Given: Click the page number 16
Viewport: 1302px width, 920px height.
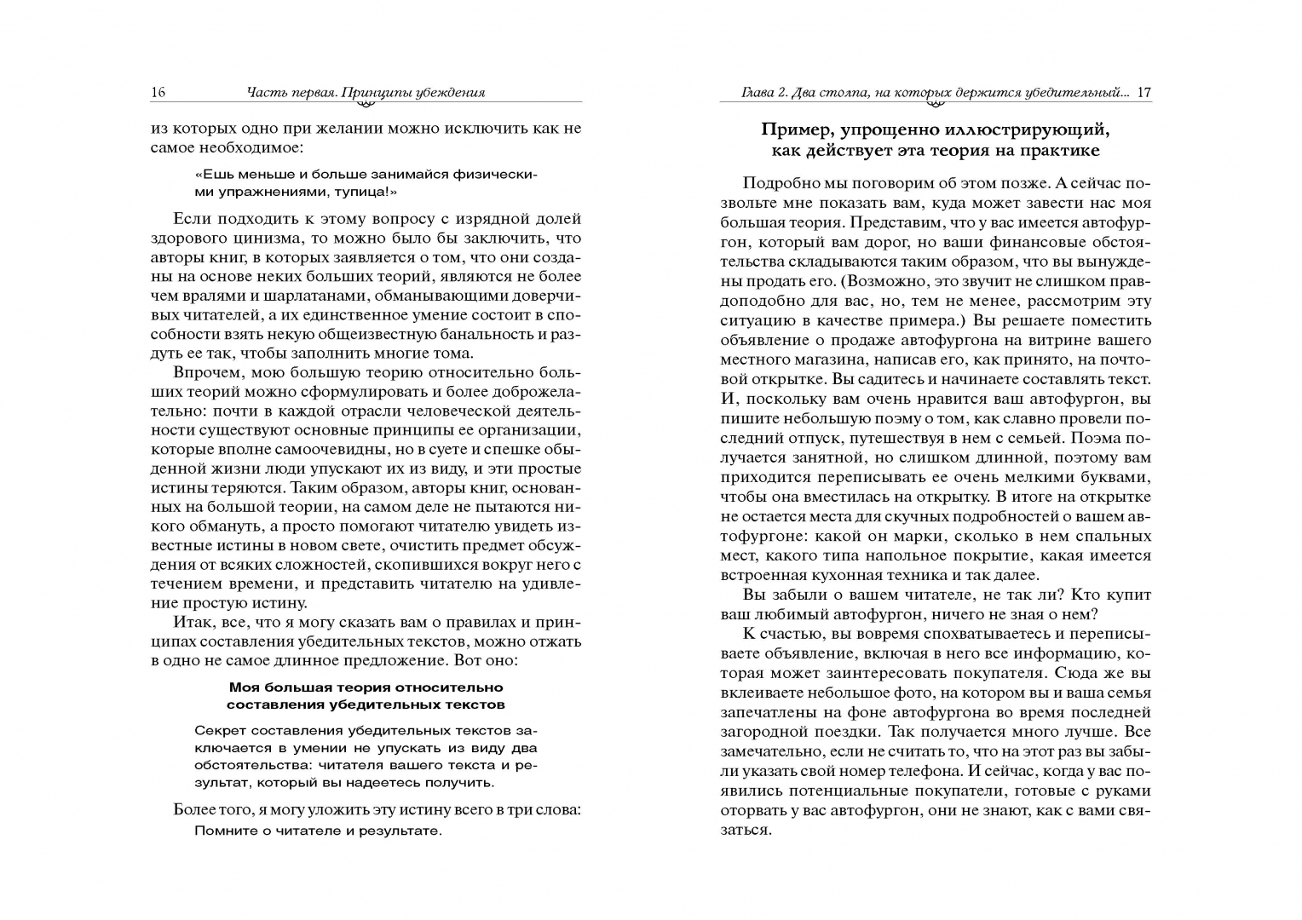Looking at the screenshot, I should pyautogui.click(x=158, y=93).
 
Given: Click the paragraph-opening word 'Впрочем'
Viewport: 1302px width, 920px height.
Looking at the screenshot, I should pyautogui.click(x=204, y=372).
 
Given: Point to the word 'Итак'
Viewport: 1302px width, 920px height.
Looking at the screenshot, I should pyautogui.click(x=194, y=622).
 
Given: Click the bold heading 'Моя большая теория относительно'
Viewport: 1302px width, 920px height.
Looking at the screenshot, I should pyautogui.click(x=366, y=687).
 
